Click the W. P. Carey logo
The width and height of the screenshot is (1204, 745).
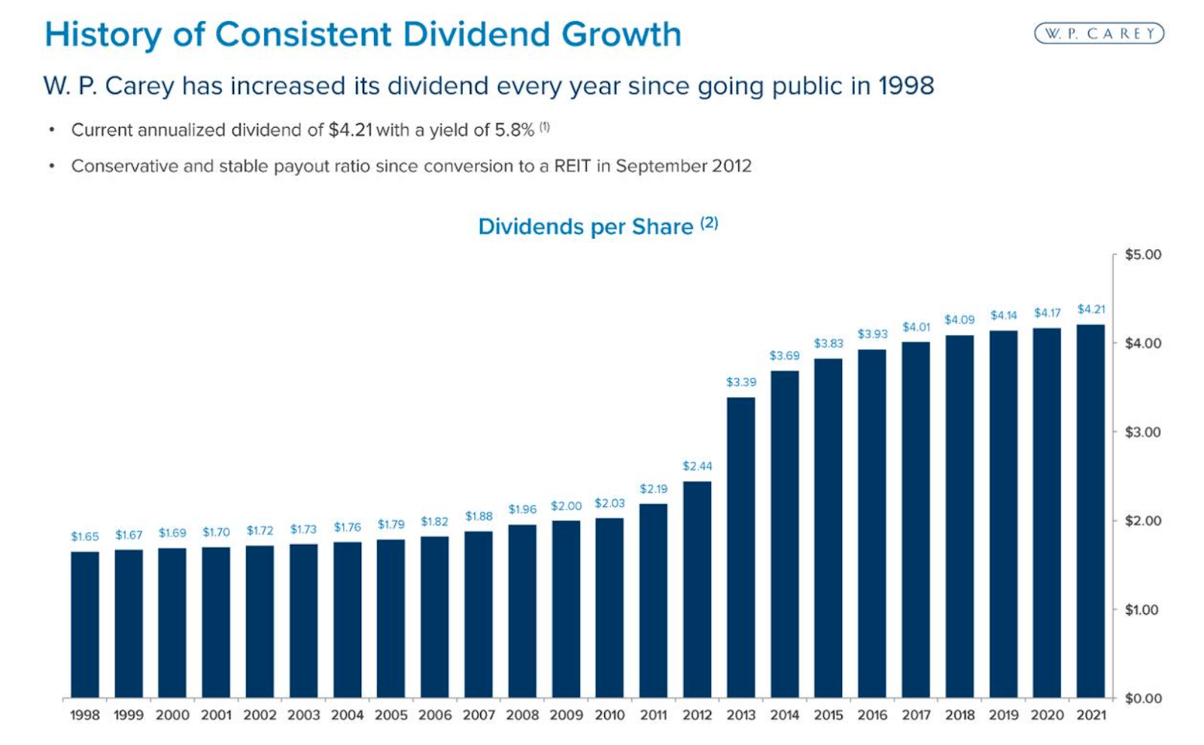(x=1099, y=34)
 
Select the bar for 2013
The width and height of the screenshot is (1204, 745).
(x=740, y=548)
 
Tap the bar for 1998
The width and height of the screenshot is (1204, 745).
(x=85, y=625)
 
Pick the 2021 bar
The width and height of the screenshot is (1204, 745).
(x=1090, y=512)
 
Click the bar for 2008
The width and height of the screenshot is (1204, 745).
(x=522, y=611)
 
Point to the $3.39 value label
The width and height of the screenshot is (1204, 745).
(x=740, y=382)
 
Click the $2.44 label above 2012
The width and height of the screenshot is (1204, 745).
(x=697, y=467)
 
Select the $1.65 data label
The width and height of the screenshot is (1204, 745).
(x=85, y=537)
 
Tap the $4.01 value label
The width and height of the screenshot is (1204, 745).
(x=916, y=327)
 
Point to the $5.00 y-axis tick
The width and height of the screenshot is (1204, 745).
(x=1142, y=255)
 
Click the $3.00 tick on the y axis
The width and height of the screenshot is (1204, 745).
(x=1142, y=433)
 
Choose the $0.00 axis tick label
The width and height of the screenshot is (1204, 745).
(x=1142, y=698)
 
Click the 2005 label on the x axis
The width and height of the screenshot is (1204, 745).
(x=391, y=715)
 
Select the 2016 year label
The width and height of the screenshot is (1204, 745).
(x=872, y=715)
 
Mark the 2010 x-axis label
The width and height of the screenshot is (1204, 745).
(x=610, y=715)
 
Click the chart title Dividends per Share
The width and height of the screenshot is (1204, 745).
(x=585, y=227)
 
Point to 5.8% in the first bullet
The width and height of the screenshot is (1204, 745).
(x=513, y=130)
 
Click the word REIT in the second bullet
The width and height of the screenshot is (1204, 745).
(x=572, y=166)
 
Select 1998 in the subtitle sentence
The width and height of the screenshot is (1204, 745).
(x=905, y=86)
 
